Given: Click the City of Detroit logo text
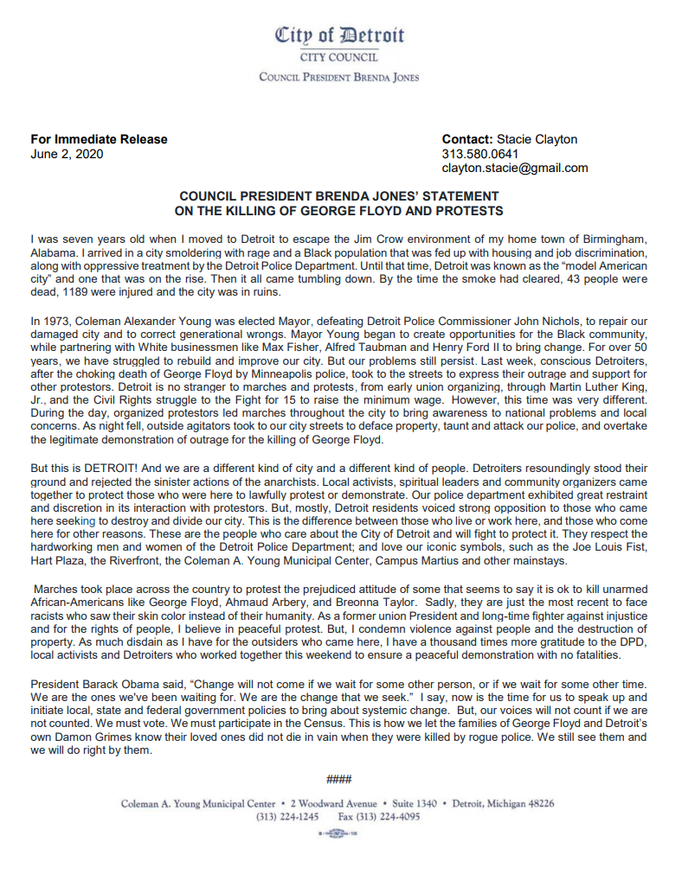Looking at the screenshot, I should pos(339,35).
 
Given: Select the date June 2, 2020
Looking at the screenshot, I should pos(67,154).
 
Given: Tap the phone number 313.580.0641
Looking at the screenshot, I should pos(480,154).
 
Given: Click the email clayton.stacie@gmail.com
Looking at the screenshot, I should pos(514,168).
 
